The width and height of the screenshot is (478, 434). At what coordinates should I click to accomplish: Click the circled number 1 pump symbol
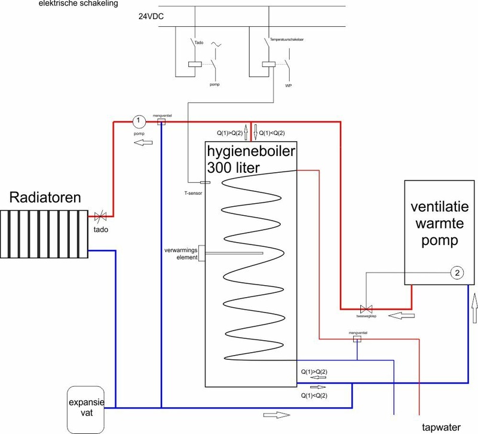pos(138,121)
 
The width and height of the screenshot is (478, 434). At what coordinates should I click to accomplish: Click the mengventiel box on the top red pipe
pos(160,121)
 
